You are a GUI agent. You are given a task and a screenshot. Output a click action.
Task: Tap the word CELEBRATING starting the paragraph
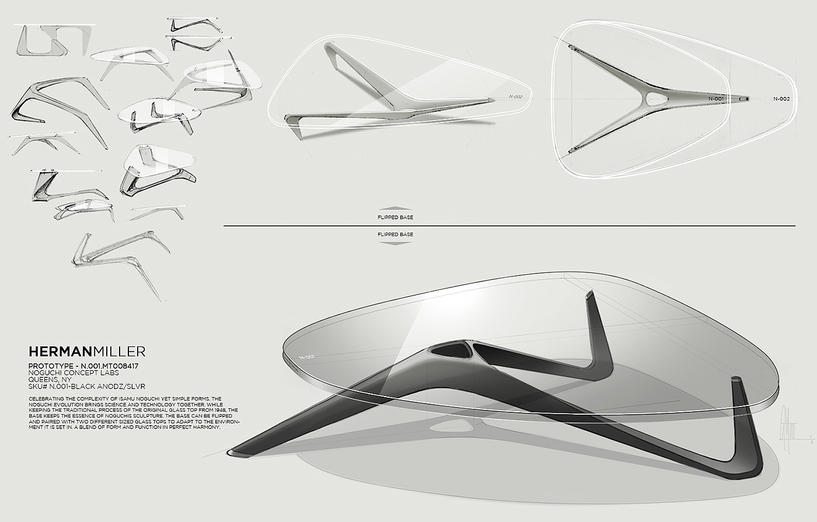coord(44,398)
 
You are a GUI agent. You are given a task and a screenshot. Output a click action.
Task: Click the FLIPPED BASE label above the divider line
coord(395,218)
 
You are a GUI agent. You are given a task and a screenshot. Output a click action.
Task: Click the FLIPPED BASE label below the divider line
coord(395,234)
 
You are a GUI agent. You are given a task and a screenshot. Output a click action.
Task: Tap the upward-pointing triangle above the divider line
coord(395,208)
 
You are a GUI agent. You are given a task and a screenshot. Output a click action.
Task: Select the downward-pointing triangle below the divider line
coord(395,243)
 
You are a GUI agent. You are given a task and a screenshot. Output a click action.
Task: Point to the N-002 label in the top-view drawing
coord(781,99)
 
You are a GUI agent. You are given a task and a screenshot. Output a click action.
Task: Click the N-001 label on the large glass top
coord(306,356)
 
